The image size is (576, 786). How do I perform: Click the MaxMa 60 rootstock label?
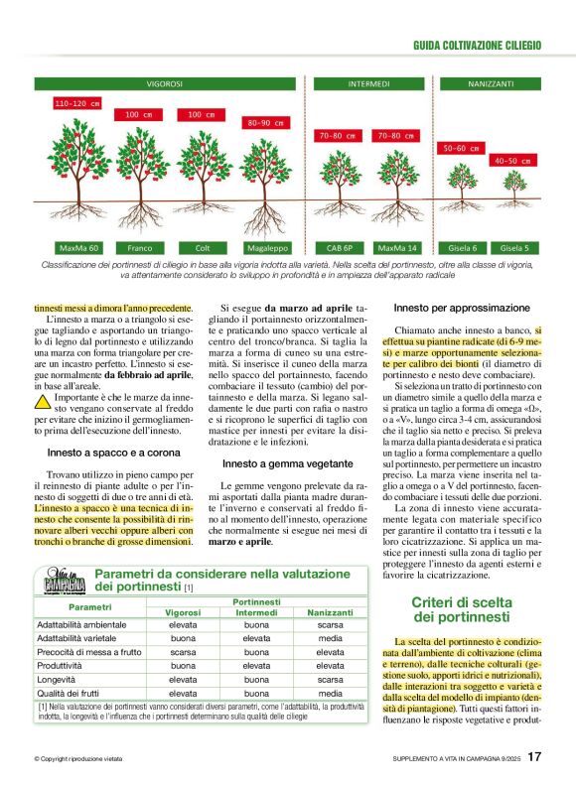79,247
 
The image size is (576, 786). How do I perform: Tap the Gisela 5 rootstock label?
513,247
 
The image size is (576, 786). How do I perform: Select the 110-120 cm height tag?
77,103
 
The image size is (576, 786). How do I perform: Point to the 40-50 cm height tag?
513,160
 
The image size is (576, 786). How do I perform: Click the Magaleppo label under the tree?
265,247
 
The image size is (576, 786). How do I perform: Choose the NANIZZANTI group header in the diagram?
491,84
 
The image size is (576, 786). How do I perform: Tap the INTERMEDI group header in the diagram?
368,84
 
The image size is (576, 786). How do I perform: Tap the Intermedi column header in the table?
256,612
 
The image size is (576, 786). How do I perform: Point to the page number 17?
534,757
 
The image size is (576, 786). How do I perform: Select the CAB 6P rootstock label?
334,247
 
